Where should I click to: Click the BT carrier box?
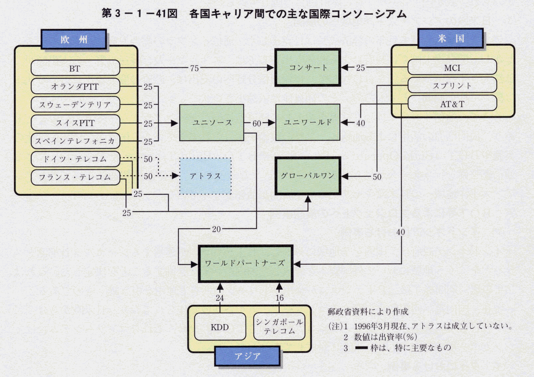tap(75, 68)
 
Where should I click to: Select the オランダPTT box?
tap(75, 86)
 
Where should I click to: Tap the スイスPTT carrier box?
tap(75, 123)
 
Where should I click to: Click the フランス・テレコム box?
tap(75, 177)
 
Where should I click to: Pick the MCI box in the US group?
tap(452, 67)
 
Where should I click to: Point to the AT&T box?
tap(452, 104)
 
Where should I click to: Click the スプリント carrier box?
tap(452, 85)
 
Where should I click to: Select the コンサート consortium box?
tap(308, 67)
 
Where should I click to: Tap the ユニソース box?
tap(212, 123)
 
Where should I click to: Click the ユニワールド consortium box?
tap(308, 122)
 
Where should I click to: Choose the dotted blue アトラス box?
tap(205, 176)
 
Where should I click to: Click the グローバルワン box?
tap(308, 176)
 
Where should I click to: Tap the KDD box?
tap(220, 327)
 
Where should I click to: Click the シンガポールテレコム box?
tap(279, 326)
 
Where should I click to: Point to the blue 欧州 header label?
tap(74, 40)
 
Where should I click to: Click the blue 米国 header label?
tap(451, 39)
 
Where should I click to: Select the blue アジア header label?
tap(247, 356)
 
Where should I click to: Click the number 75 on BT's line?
tap(194, 68)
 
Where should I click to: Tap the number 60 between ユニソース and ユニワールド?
tap(257, 124)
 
